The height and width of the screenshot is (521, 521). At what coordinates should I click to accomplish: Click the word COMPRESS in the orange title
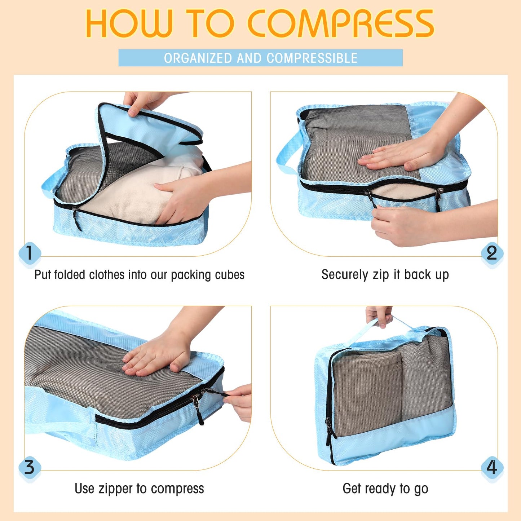pos(341,23)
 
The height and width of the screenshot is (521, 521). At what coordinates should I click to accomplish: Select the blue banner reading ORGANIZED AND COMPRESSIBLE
pos(260,58)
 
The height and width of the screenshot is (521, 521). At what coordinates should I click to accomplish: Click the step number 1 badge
pos(29,253)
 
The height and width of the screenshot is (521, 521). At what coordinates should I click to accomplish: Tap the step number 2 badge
pos(492,253)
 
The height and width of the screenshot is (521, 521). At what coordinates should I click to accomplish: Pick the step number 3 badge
pos(29,467)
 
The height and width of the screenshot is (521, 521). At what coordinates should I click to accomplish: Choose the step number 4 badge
pos(492,467)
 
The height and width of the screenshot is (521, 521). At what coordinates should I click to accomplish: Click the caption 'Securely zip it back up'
pos(385,275)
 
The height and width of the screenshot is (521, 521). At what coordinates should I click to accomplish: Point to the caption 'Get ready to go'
pos(385,489)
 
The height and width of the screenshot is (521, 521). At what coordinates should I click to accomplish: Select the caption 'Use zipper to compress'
pos(139,489)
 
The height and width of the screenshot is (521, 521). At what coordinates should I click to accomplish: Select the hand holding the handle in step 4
pos(379,315)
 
